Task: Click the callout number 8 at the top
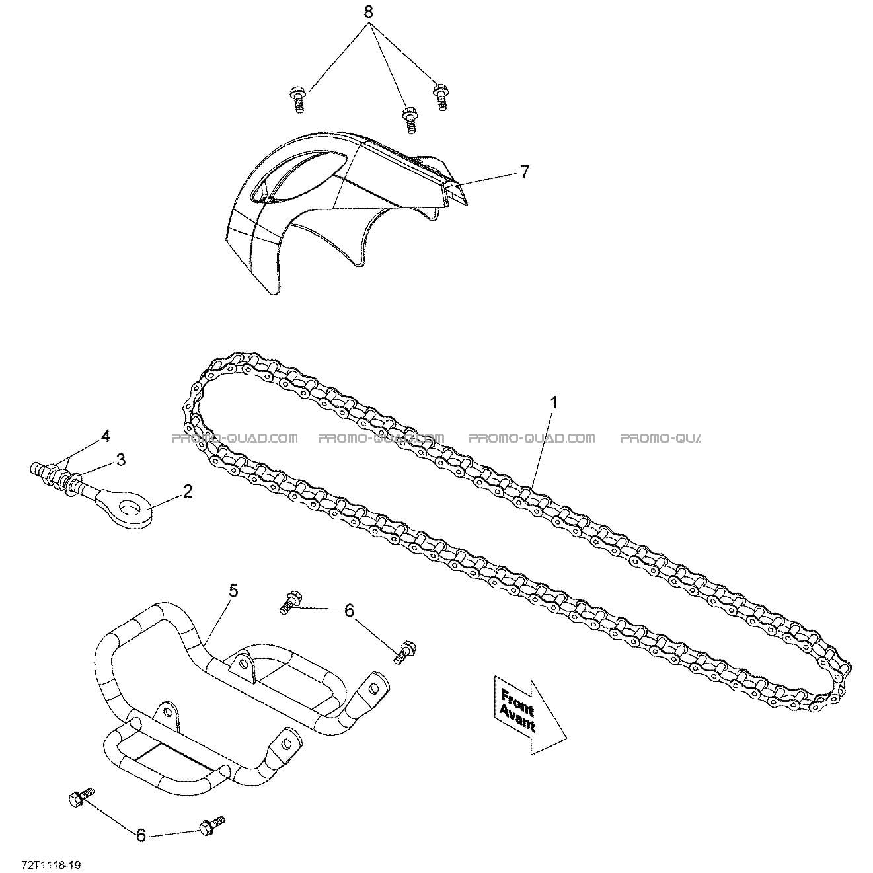click(x=368, y=13)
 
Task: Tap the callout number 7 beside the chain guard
click(x=524, y=172)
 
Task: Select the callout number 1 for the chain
click(x=553, y=402)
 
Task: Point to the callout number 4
click(x=105, y=436)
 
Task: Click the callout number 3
click(x=120, y=460)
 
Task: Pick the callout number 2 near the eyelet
click(x=187, y=491)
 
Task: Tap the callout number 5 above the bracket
click(x=233, y=591)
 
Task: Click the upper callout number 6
click(x=349, y=611)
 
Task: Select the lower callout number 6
click(x=141, y=835)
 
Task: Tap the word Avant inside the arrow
click(x=517, y=720)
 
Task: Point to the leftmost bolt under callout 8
click(x=297, y=100)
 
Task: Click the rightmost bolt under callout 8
click(x=440, y=96)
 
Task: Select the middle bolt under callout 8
click(x=410, y=120)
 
